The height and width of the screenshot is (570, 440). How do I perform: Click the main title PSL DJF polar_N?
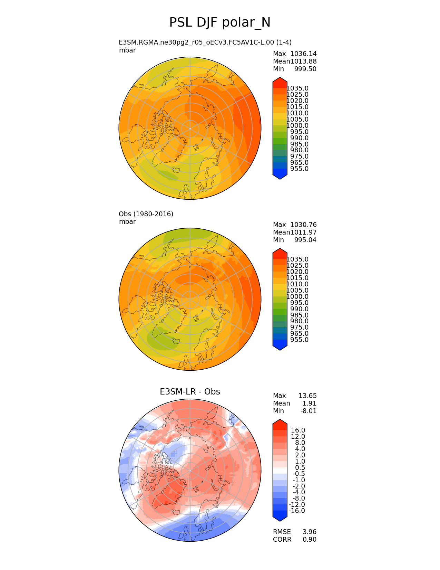[220, 23]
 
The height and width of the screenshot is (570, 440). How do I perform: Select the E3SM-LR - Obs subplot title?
[190, 392]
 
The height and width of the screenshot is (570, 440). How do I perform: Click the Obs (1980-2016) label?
[146, 214]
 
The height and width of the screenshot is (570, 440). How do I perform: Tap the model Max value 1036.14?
[303, 54]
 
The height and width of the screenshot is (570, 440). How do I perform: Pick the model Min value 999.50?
[305, 69]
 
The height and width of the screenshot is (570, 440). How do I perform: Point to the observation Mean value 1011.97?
[303, 232]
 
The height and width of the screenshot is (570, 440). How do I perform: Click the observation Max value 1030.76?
[303, 225]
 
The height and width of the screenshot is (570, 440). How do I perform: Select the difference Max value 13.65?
[307, 396]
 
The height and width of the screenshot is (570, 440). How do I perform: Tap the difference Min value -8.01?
[309, 411]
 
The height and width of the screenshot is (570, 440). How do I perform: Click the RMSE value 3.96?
[310, 532]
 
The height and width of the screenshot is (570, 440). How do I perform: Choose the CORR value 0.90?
[310, 540]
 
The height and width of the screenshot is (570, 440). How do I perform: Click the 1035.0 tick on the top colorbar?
[297, 88]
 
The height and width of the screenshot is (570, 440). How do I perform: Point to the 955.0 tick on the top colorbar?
[299, 169]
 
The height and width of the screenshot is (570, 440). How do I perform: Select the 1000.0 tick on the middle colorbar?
[297, 297]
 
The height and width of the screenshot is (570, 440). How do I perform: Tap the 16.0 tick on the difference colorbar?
[298, 430]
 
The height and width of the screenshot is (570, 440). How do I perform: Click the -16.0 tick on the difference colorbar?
[297, 511]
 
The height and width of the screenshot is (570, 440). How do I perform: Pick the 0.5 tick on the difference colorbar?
[300, 468]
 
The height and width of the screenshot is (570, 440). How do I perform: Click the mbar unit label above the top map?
[127, 50]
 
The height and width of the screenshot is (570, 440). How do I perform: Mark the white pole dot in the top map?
[190, 129]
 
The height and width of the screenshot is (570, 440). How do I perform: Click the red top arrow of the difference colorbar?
[280, 422]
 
